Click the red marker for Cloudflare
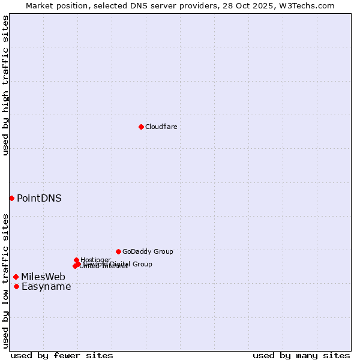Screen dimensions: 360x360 click(x=141, y=127)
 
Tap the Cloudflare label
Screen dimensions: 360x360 click(x=161, y=127)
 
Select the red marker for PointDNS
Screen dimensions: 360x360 click(x=11, y=198)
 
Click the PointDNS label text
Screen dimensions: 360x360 click(x=39, y=198)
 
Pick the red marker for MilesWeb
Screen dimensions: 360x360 click(x=16, y=277)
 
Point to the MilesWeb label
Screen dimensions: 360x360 click(x=43, y=277)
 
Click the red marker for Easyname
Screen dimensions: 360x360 click(x=16, y=286)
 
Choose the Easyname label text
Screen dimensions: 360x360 click(x=46, y=287)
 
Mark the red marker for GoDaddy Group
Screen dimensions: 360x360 click(x=118, y=251)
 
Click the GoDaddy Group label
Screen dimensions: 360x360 click(x=148, y=251)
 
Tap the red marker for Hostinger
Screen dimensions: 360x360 click(x=77, y=260)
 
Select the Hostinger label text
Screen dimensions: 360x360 click(x=95, y=260)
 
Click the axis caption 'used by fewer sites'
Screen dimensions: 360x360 click(x=62, y=355)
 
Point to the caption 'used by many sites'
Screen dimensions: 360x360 click(x=301, y=355)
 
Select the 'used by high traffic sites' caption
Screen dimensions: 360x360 click(x=5, y=85)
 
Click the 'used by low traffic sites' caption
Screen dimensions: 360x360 click(x=5, y=281)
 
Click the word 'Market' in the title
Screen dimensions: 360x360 click(x=40, y=5)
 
